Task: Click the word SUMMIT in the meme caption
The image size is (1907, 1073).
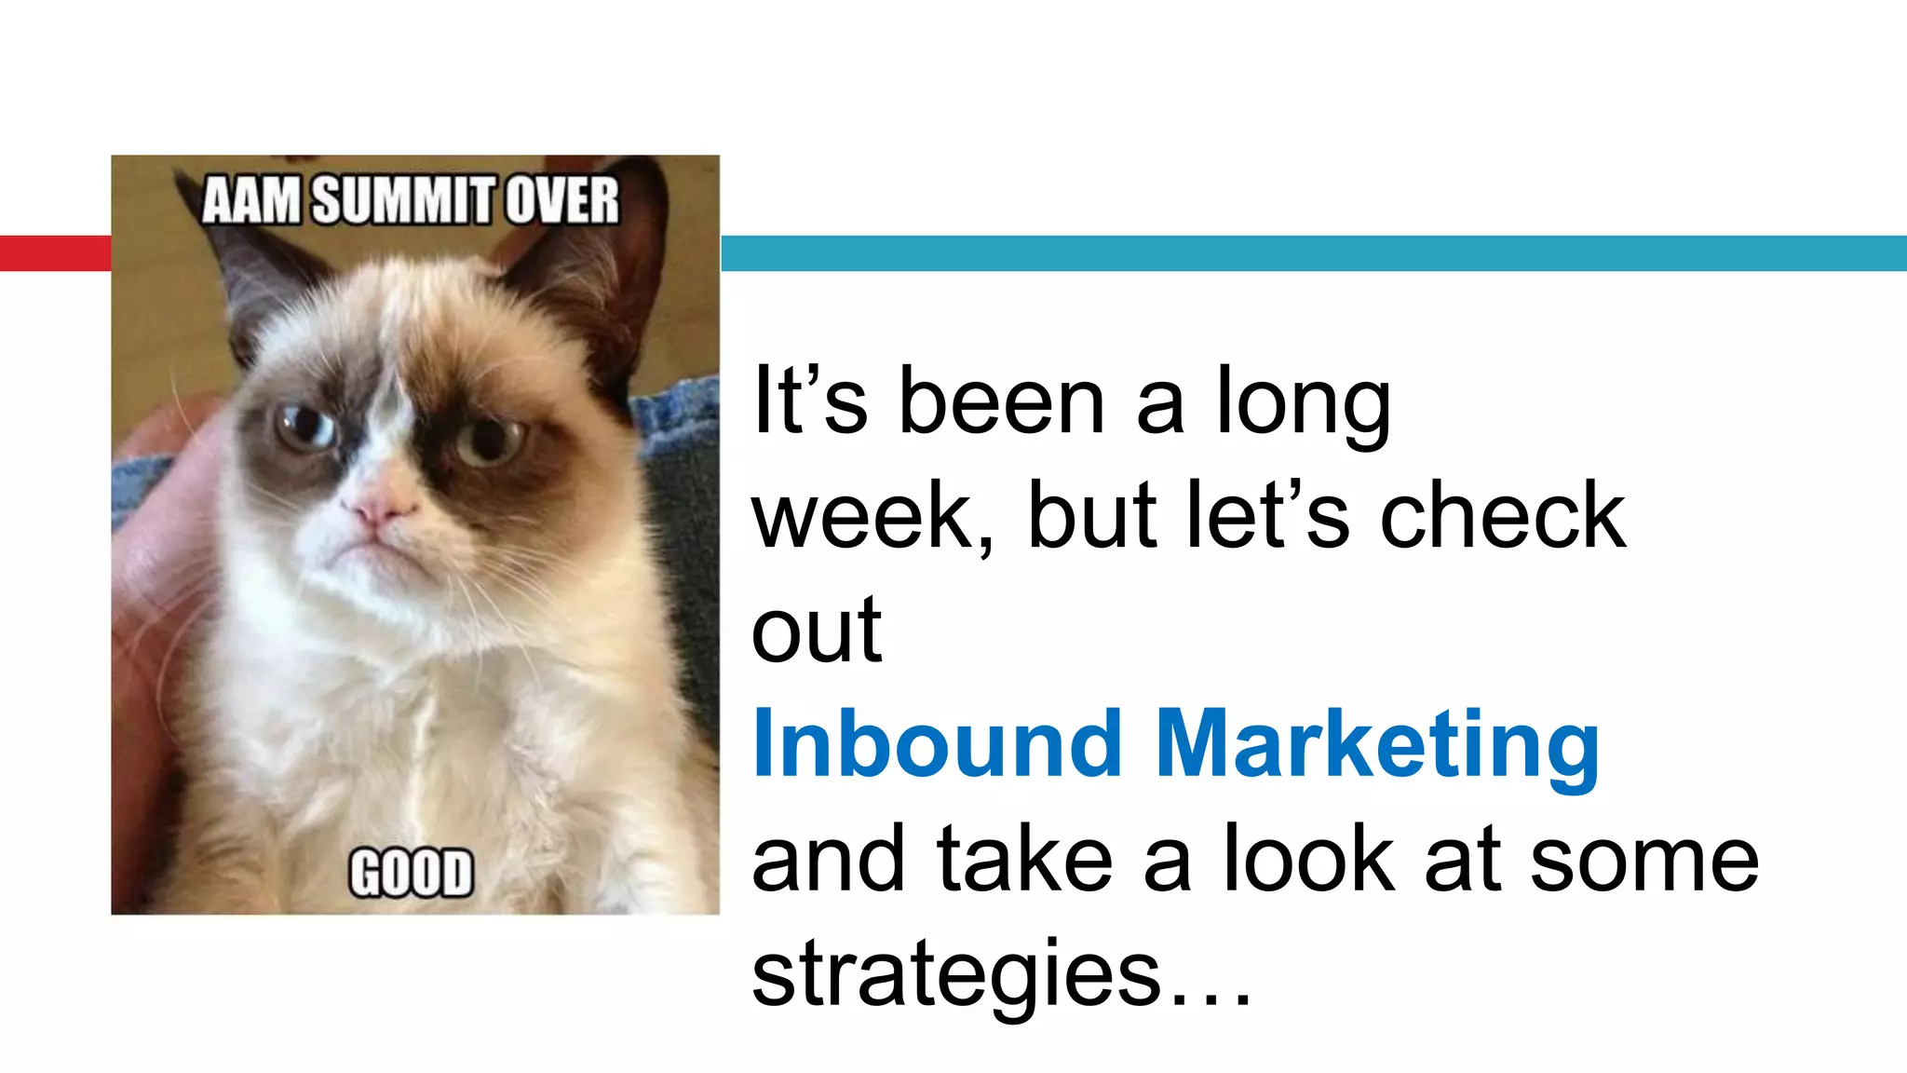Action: click(x=405, y=200)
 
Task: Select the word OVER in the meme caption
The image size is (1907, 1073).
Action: click(x=562, y=200)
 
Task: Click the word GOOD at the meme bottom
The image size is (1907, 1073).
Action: click(x=411, y=873)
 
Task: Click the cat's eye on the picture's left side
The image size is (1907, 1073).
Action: click(x=304, y=428)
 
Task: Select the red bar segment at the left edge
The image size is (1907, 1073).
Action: click(x=55, y=253)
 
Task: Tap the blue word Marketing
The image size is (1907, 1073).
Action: click(x=1377, y=745)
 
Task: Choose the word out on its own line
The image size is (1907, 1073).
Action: click(x=817, y=631)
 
